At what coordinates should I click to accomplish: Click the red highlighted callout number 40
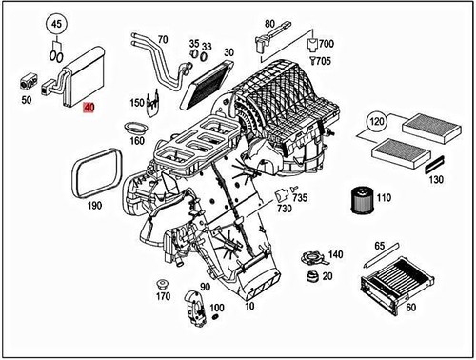coord(89,109)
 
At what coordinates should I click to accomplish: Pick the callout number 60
coord(411,308)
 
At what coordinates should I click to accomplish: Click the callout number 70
coord(162,40)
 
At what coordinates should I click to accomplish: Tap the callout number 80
coord(269,23)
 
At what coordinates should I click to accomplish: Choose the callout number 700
coord(327,44)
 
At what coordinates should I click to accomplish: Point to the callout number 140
coord(334,255)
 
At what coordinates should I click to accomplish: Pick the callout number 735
coord(300,197)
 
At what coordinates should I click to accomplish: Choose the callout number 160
coord(136,141)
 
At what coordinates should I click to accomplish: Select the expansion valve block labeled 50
coord(29,81)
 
